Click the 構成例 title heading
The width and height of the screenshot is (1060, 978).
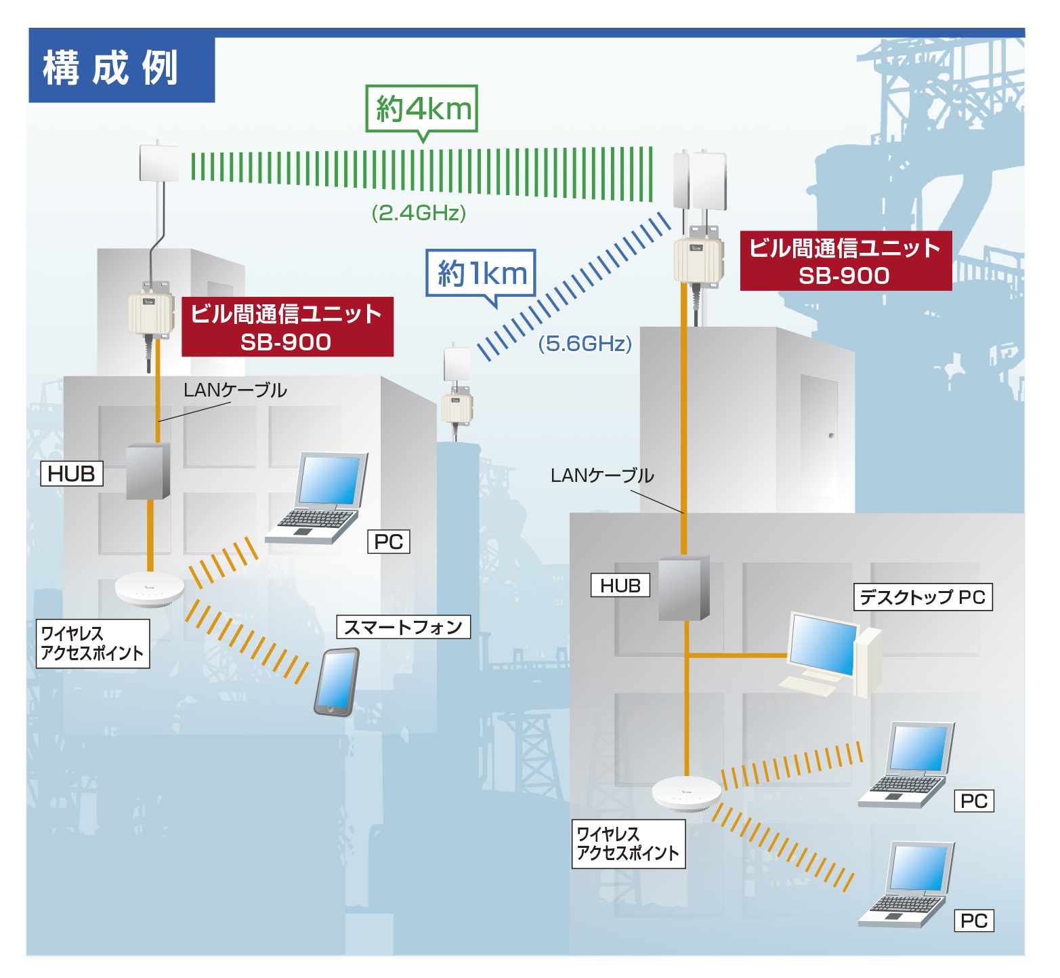(110, 68)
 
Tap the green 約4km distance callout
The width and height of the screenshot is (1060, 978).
(422, 108)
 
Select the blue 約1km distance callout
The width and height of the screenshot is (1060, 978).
(481, 273)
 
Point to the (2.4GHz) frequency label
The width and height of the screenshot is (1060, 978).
(419, 213)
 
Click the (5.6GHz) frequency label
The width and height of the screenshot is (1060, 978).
(585, 344)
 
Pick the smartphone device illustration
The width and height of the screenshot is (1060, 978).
(336, 682)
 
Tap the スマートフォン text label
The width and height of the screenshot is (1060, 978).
(403, 627)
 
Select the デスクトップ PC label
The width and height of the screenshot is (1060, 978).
(923, 597)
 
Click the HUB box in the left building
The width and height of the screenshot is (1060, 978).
(148, 471)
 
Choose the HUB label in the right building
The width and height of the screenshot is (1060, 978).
(620, 586)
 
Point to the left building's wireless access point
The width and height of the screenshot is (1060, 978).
(150, 588)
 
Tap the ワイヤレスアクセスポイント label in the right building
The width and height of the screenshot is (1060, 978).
(628, 844)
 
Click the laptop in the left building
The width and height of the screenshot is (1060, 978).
(320, 498)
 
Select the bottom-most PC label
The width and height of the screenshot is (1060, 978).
(973, 920)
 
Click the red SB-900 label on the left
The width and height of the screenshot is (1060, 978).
(287, 327)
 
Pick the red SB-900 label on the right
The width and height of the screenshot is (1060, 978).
(845, 261)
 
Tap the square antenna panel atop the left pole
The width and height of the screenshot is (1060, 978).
(159, 163)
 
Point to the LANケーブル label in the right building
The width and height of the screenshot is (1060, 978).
(601, 475)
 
